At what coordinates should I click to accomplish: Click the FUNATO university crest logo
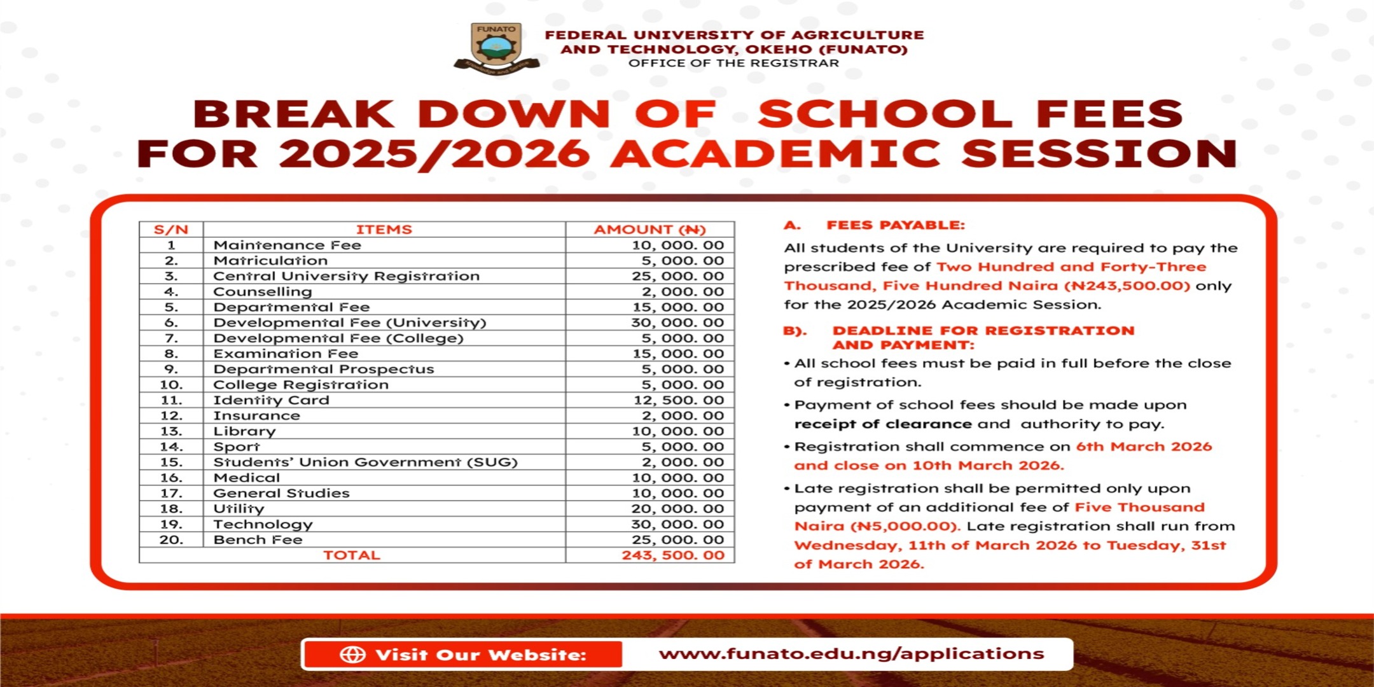pos(497,48)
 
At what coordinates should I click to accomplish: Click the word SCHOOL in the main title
pos(885,114)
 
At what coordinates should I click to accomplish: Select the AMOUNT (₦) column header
pos(649,230)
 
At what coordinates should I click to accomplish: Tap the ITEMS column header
pos(384,230)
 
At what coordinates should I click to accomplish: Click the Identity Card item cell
pos(271,400)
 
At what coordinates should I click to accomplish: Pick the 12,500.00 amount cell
pos(679,400)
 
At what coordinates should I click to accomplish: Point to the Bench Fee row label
pos(258,540)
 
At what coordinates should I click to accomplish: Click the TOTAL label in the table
pos(351,555)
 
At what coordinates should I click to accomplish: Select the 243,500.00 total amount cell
pos(673,555)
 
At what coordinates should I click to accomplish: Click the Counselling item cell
pos(262,292)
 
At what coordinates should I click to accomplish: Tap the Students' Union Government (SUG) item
pos(365,462)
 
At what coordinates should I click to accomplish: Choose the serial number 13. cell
pos(171,431)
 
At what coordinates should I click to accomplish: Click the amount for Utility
pos(677,509)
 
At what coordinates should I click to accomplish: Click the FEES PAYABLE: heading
pos(895,225)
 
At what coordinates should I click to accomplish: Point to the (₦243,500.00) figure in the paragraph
pos(1127,286)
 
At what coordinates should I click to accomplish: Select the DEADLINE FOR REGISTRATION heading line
pos(983,331)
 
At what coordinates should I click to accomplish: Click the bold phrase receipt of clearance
pos(883,424)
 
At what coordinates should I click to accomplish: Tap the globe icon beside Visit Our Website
pos(352,655)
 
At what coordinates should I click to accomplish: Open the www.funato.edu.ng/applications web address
pos(851,654)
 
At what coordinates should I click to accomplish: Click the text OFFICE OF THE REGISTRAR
pos(733,63)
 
